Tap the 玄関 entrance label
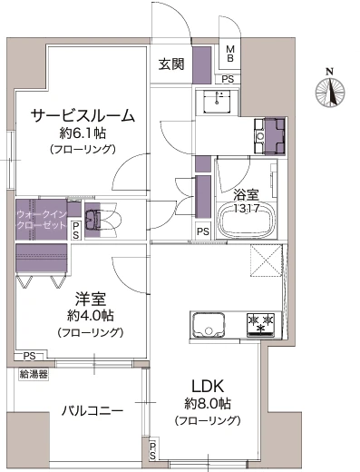pos(171,64)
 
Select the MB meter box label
pos(230,54)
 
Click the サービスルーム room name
pos(83,115)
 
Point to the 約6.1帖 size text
pos(83,133)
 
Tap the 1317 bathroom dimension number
pos(247,209)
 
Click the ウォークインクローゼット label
pos(42,220)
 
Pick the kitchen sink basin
pos(209,325)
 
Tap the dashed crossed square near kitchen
pos(266,261)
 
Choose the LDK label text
pos(208,387)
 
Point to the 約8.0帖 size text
pos(208,403)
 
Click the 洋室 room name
pos(91,299)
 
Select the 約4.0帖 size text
pos(90,316)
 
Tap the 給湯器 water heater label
pos(34,374)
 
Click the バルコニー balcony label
pos(92,411)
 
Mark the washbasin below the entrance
pos(218,101)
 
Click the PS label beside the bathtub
pos(203,231)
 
